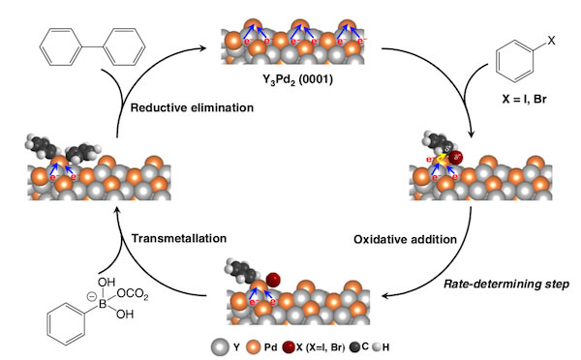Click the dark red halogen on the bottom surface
point(274,281)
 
